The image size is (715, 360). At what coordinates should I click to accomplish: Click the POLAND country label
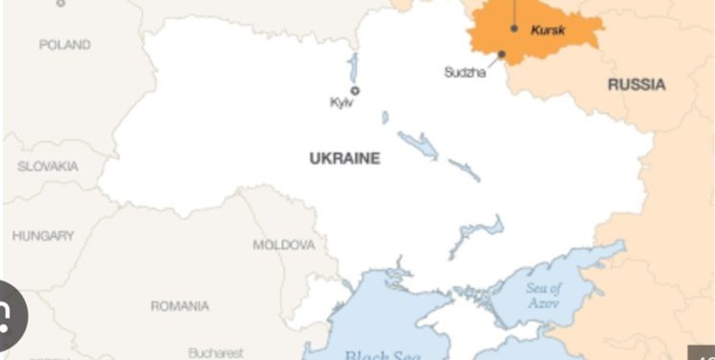click(x=64, y=44)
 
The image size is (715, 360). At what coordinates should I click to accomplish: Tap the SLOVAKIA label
click(x=48, y=166)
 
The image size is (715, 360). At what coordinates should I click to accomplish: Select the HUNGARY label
click(x=43, y=235)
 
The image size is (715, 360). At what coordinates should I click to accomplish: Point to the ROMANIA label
click(x=179, y=306)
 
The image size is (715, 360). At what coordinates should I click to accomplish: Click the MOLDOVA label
click(x=283, y=245)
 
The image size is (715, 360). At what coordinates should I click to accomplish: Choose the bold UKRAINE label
click(x=345, y=158)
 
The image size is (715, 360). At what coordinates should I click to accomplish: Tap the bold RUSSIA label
click(x=636, y=84)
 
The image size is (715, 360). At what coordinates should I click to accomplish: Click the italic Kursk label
click(x=548, y=31)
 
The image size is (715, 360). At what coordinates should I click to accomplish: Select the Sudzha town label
click(x=465, y=72)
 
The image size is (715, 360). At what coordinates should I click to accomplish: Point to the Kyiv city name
click(x=342, y=103)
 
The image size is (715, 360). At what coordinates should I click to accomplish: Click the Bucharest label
click(x=216, y=352)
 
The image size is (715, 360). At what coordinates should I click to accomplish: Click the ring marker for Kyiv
click(x=355, y=90)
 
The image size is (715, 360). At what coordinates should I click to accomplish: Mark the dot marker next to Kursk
click(x=514, y=29)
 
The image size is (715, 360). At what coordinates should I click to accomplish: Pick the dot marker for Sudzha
click(x=501, y=54)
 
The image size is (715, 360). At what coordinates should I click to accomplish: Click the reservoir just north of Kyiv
click(x=353, y=67)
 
